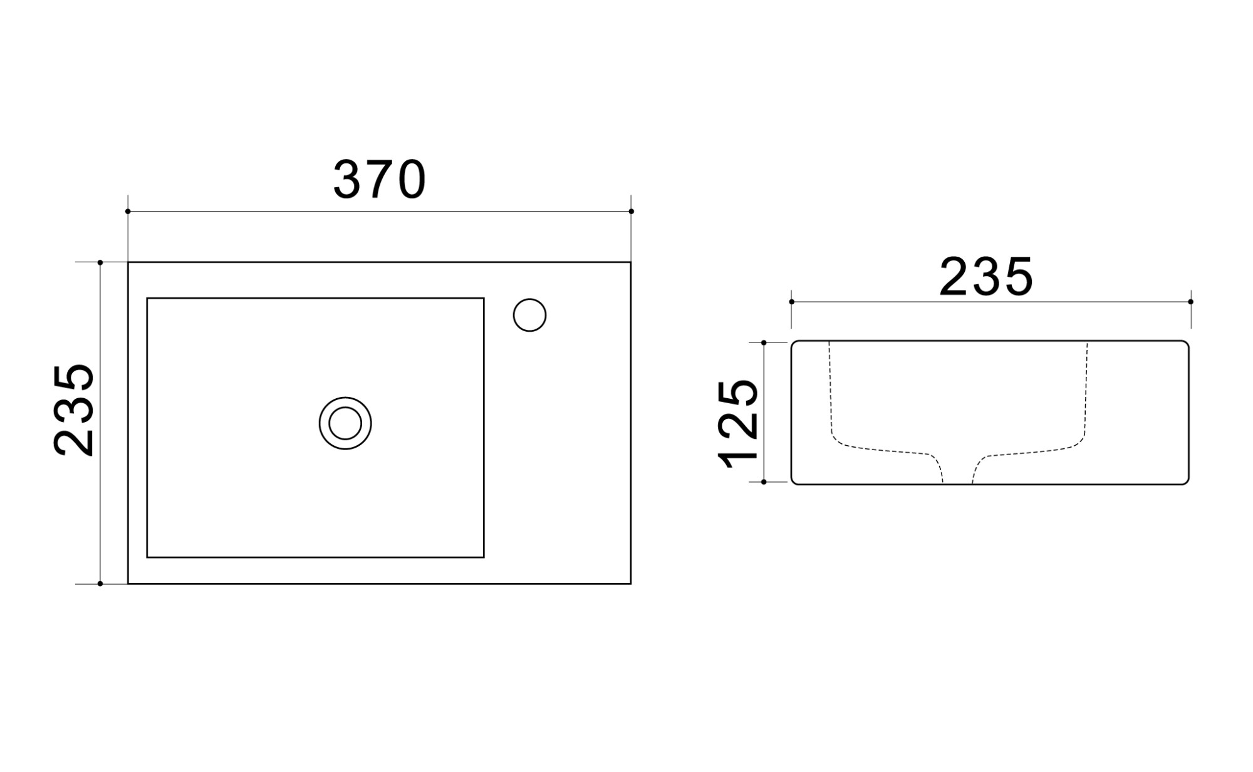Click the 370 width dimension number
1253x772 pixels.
380,180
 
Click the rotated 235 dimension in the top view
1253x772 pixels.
74,410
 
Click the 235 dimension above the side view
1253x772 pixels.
986,277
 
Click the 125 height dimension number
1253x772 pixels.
739,424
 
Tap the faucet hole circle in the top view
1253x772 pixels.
529,315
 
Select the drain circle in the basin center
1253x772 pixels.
345,423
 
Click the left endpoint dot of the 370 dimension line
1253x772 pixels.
128,212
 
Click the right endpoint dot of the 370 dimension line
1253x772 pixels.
631,212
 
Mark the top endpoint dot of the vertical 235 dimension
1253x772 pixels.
100,262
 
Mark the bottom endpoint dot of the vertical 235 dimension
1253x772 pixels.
100,584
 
